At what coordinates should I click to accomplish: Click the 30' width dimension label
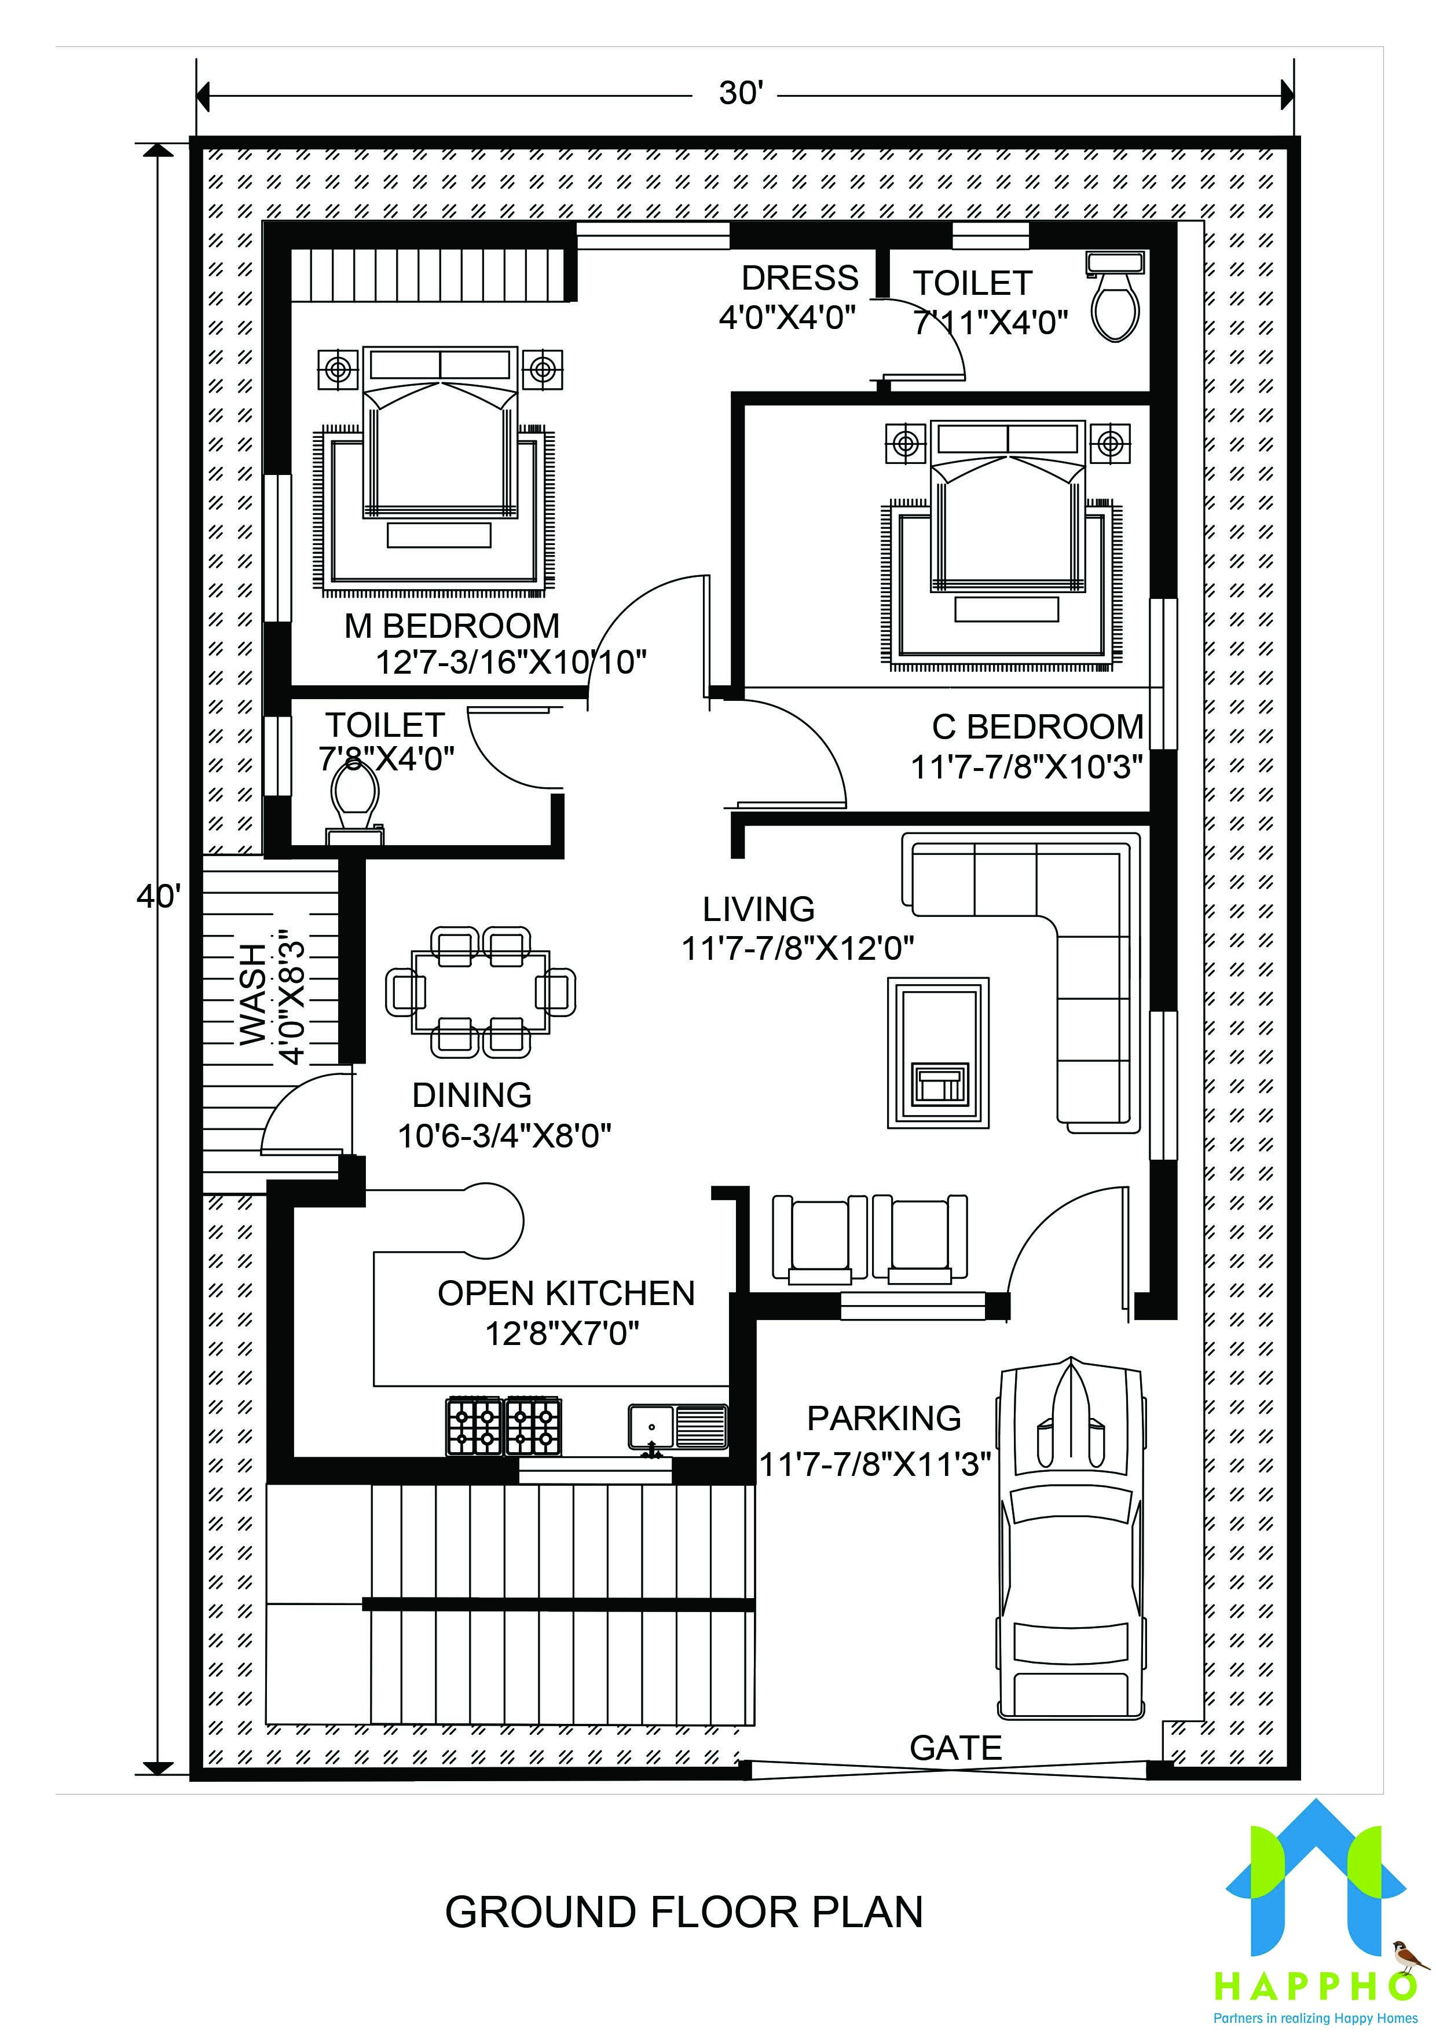739,92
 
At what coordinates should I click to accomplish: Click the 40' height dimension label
159,897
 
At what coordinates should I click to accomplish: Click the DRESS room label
799,278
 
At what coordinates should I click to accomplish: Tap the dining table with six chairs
481,991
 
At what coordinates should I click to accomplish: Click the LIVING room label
759,909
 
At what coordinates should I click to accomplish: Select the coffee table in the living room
938,1052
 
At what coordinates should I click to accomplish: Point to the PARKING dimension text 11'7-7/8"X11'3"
874,1465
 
